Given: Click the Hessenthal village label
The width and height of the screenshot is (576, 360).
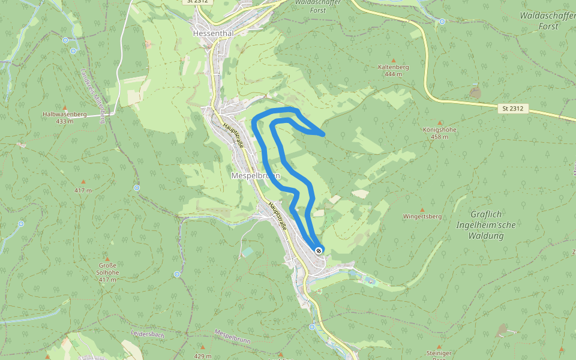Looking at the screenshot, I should tap(213, 34).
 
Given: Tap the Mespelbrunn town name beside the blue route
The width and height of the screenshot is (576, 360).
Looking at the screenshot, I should tap(255, 175).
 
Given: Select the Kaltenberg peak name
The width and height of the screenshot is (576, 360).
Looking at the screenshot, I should tap(394, 67).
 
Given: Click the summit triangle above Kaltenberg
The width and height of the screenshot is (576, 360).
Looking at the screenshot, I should tap(394, 60).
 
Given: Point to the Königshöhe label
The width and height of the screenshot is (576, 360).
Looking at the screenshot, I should tap(440, 130).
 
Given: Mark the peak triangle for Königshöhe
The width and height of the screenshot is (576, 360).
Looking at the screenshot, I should tap(440, 122).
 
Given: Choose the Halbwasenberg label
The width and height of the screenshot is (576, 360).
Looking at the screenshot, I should tap(65, 114).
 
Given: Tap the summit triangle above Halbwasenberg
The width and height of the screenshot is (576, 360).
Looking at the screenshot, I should tap(65, 107).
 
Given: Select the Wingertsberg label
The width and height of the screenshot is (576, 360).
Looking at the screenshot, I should tap(422, 216).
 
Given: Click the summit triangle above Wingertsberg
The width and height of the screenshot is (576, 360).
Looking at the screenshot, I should tap(422, 209).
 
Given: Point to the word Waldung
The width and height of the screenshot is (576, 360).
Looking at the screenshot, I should tap(487, 236).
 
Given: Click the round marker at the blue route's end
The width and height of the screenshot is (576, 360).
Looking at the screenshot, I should tap(318, 250).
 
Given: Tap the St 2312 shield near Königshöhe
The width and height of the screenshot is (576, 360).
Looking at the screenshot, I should tap(513, 109).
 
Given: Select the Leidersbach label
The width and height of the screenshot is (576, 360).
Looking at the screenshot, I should tap(147, 332).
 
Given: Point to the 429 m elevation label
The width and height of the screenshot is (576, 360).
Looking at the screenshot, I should tap(203, 356).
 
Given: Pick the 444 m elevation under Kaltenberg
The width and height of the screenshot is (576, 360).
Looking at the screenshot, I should tap(394, 74).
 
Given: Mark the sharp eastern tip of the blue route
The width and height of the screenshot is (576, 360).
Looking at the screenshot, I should tap(324, 134).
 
